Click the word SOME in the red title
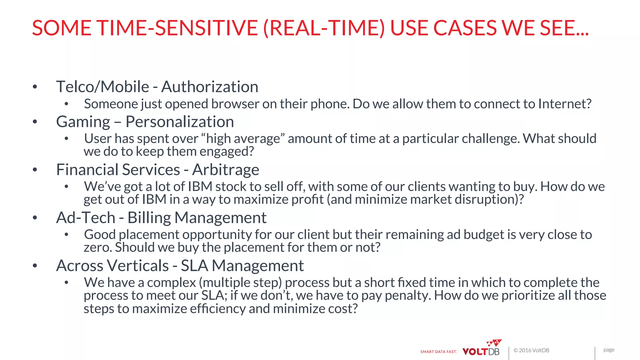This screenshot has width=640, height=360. [62, 28]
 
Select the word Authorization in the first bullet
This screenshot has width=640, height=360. [210, 87]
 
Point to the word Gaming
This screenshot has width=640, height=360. [83, 122]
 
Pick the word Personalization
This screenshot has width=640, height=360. [180, 122]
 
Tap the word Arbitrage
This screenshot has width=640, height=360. [226, 170]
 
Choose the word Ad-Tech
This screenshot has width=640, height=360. [86, 218]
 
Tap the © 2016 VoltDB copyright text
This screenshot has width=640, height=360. [531, 350]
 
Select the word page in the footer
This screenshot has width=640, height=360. [609, 350]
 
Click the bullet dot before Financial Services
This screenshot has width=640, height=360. [35, 170]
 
